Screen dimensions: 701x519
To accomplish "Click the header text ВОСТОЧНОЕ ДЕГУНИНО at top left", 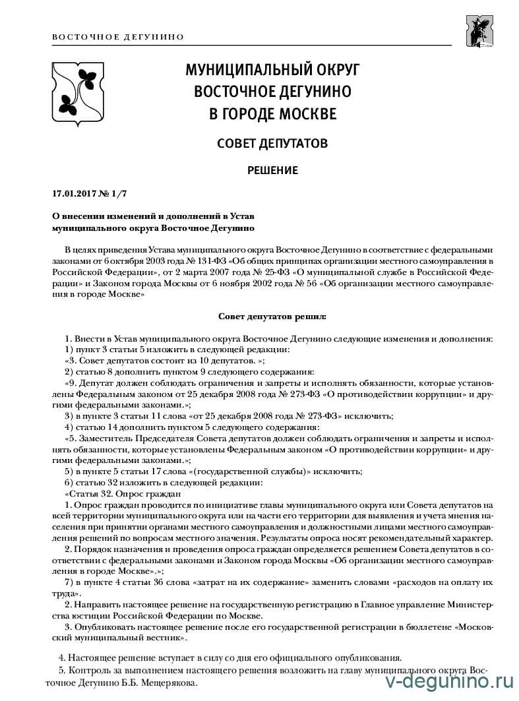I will point(117,37).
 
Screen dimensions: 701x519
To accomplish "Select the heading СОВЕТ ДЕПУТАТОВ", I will point(272,143).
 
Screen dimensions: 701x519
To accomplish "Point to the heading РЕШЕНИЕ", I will point(272,171).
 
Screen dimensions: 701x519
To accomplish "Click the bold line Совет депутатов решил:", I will point(272,316).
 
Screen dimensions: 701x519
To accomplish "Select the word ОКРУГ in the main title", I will point(336,69).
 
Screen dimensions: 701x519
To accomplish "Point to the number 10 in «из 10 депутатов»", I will point(168,361).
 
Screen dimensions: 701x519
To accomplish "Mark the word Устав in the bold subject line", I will point(240,216).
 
